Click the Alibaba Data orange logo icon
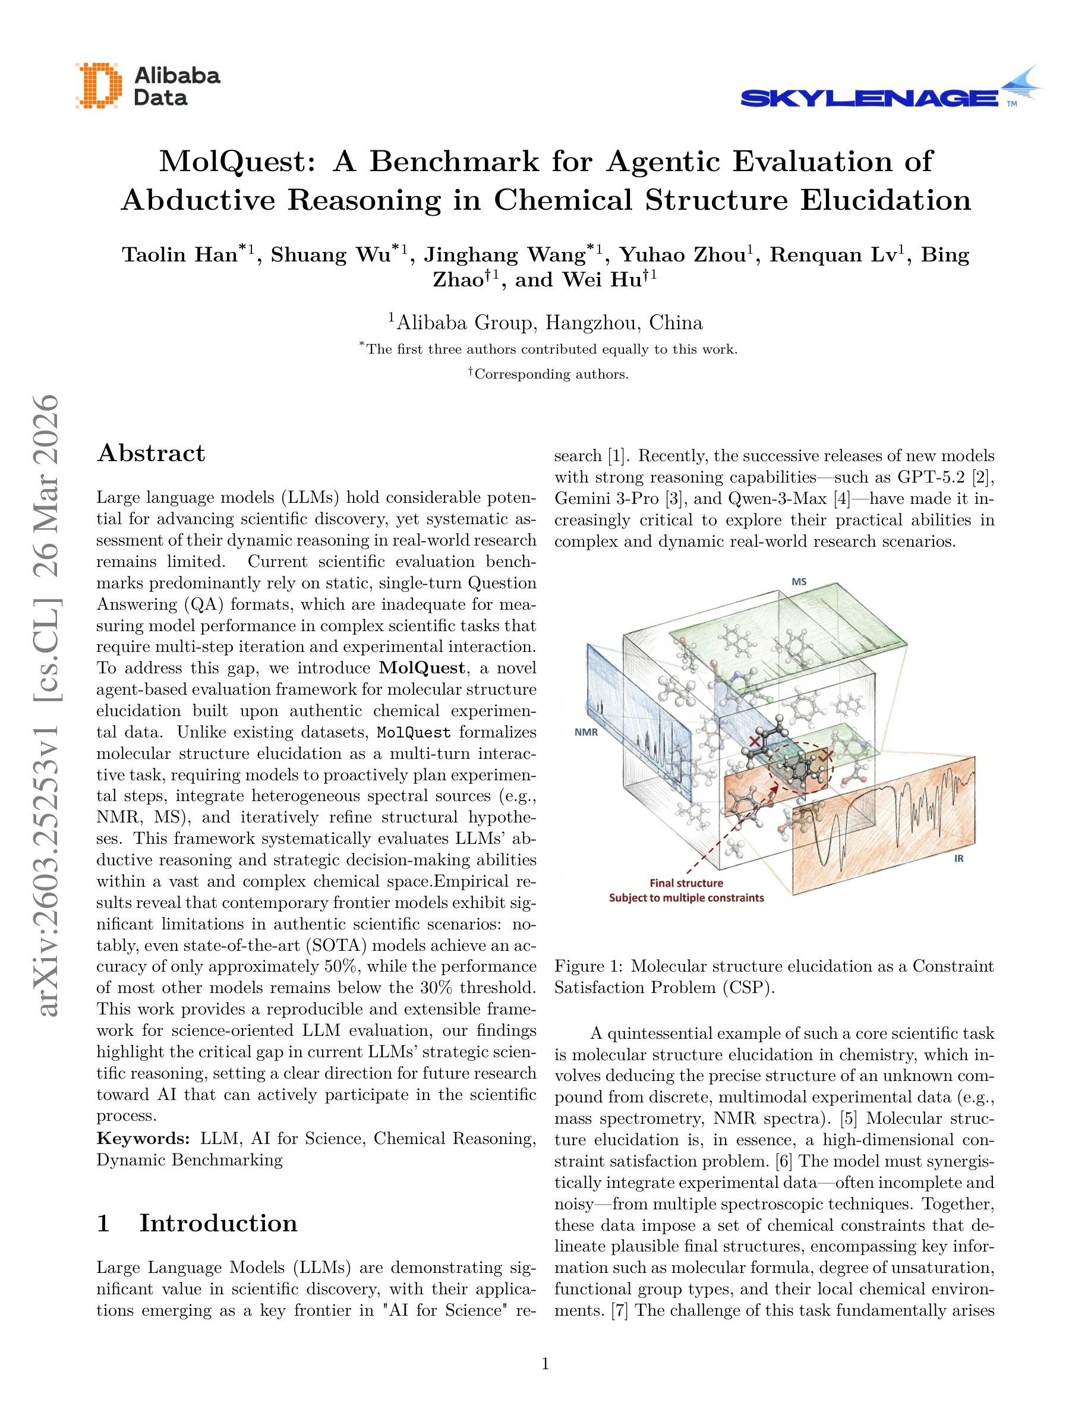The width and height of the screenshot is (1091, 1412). [98, 86]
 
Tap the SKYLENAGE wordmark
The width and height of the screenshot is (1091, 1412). [869, 98]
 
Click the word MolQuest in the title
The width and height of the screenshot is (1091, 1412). [237, 161]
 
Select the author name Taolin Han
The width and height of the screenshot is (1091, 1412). [179, 255]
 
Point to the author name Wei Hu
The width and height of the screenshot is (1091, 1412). [602, 280]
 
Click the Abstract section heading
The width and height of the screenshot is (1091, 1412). [152, 453]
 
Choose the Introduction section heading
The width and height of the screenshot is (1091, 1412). [218, 1224]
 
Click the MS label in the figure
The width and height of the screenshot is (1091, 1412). [799, 582]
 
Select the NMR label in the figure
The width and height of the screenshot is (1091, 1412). [585, 733]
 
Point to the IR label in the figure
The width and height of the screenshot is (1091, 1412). [958, 859]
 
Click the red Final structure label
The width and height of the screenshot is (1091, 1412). [686, 883]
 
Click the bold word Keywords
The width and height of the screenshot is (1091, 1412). [143, 1139]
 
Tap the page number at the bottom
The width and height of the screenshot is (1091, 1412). [545, 1364]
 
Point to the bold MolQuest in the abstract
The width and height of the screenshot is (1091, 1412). [421, 668]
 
